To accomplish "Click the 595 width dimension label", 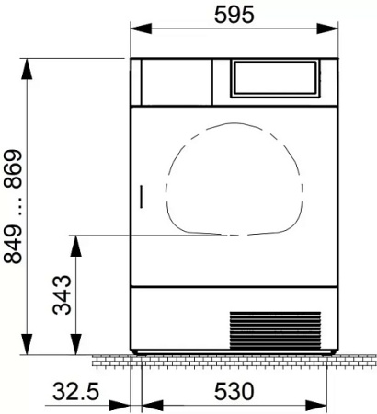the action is point(234,15).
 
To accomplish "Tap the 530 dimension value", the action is point(234,391).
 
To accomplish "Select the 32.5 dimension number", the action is point(76,391).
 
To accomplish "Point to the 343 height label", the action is point(62,294).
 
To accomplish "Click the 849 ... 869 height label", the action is point(13,206).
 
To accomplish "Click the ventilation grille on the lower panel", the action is point(275,330).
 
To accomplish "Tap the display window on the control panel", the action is point(275,78).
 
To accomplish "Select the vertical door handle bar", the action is point(142,197).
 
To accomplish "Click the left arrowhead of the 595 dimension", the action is point(141,29).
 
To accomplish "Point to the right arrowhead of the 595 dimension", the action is point(327,29).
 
